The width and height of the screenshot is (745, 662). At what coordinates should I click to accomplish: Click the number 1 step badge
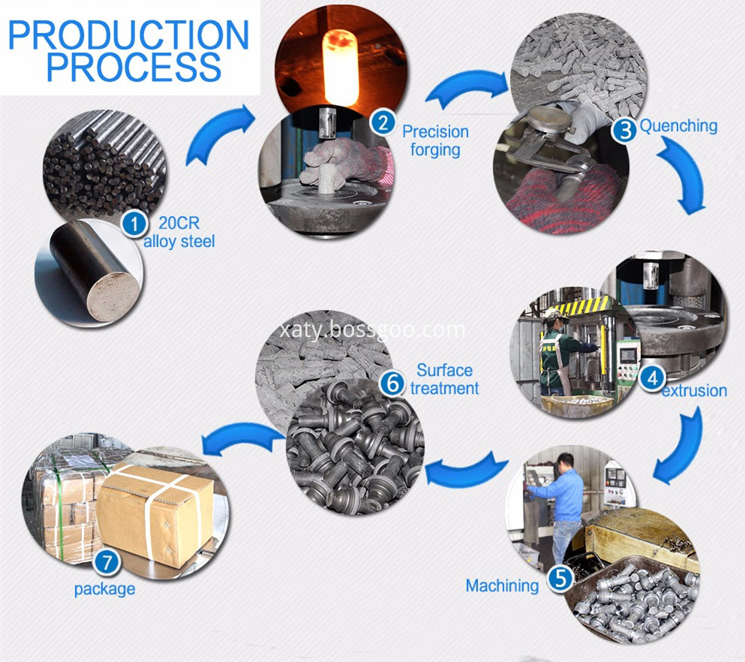[x=136, y=223]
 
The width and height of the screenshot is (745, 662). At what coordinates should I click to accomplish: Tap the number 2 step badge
[x=384, y=122]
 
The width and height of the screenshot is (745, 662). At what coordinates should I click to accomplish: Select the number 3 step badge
[x=623, y=130]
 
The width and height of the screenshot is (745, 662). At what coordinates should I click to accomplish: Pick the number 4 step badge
[x=653, y=378]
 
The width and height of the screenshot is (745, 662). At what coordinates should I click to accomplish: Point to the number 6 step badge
[x=392, y=382]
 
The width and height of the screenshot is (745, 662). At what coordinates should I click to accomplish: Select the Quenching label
[x=678, y=125]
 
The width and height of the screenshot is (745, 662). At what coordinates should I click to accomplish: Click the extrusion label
[x=694, y=390]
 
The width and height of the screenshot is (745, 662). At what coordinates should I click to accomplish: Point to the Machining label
[x=502, y=585]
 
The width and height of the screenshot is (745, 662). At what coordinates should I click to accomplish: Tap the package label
[x=104, y=588]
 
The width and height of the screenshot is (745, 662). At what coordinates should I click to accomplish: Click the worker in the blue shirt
[x=563, y=495]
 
